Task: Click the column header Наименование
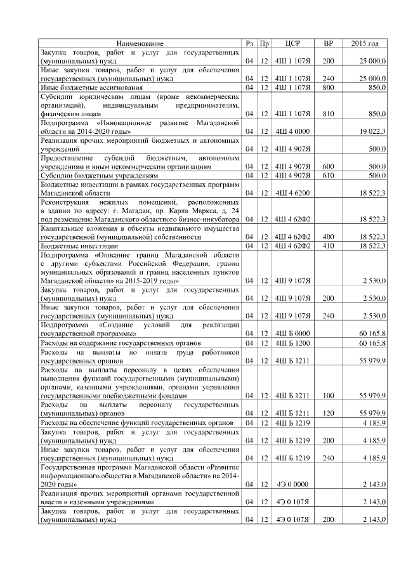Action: [141, 43]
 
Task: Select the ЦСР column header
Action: [292, 43]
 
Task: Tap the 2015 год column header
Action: [365, 43]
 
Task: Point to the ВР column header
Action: [328, 43]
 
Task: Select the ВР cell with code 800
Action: [328, 87]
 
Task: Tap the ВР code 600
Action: [328, 166]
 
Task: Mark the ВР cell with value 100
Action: [328, 395]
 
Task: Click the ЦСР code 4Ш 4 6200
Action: [292, 192]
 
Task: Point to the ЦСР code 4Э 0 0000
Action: [292, 484]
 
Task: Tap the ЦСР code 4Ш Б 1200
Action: [292, 342]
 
